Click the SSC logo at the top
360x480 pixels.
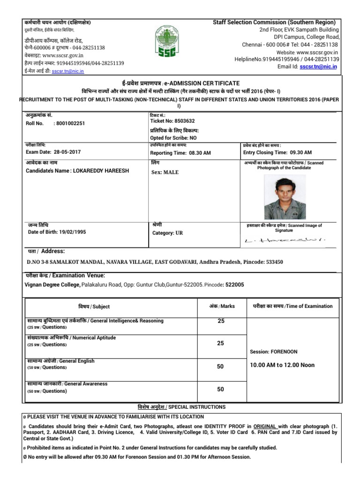(167, 41)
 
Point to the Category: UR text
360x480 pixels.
(168, 232)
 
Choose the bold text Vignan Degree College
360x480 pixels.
(52, 285)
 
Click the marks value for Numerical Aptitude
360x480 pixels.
(220, 344)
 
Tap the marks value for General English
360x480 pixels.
(220, 367)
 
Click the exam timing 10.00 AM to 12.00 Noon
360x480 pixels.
(282, 365)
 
